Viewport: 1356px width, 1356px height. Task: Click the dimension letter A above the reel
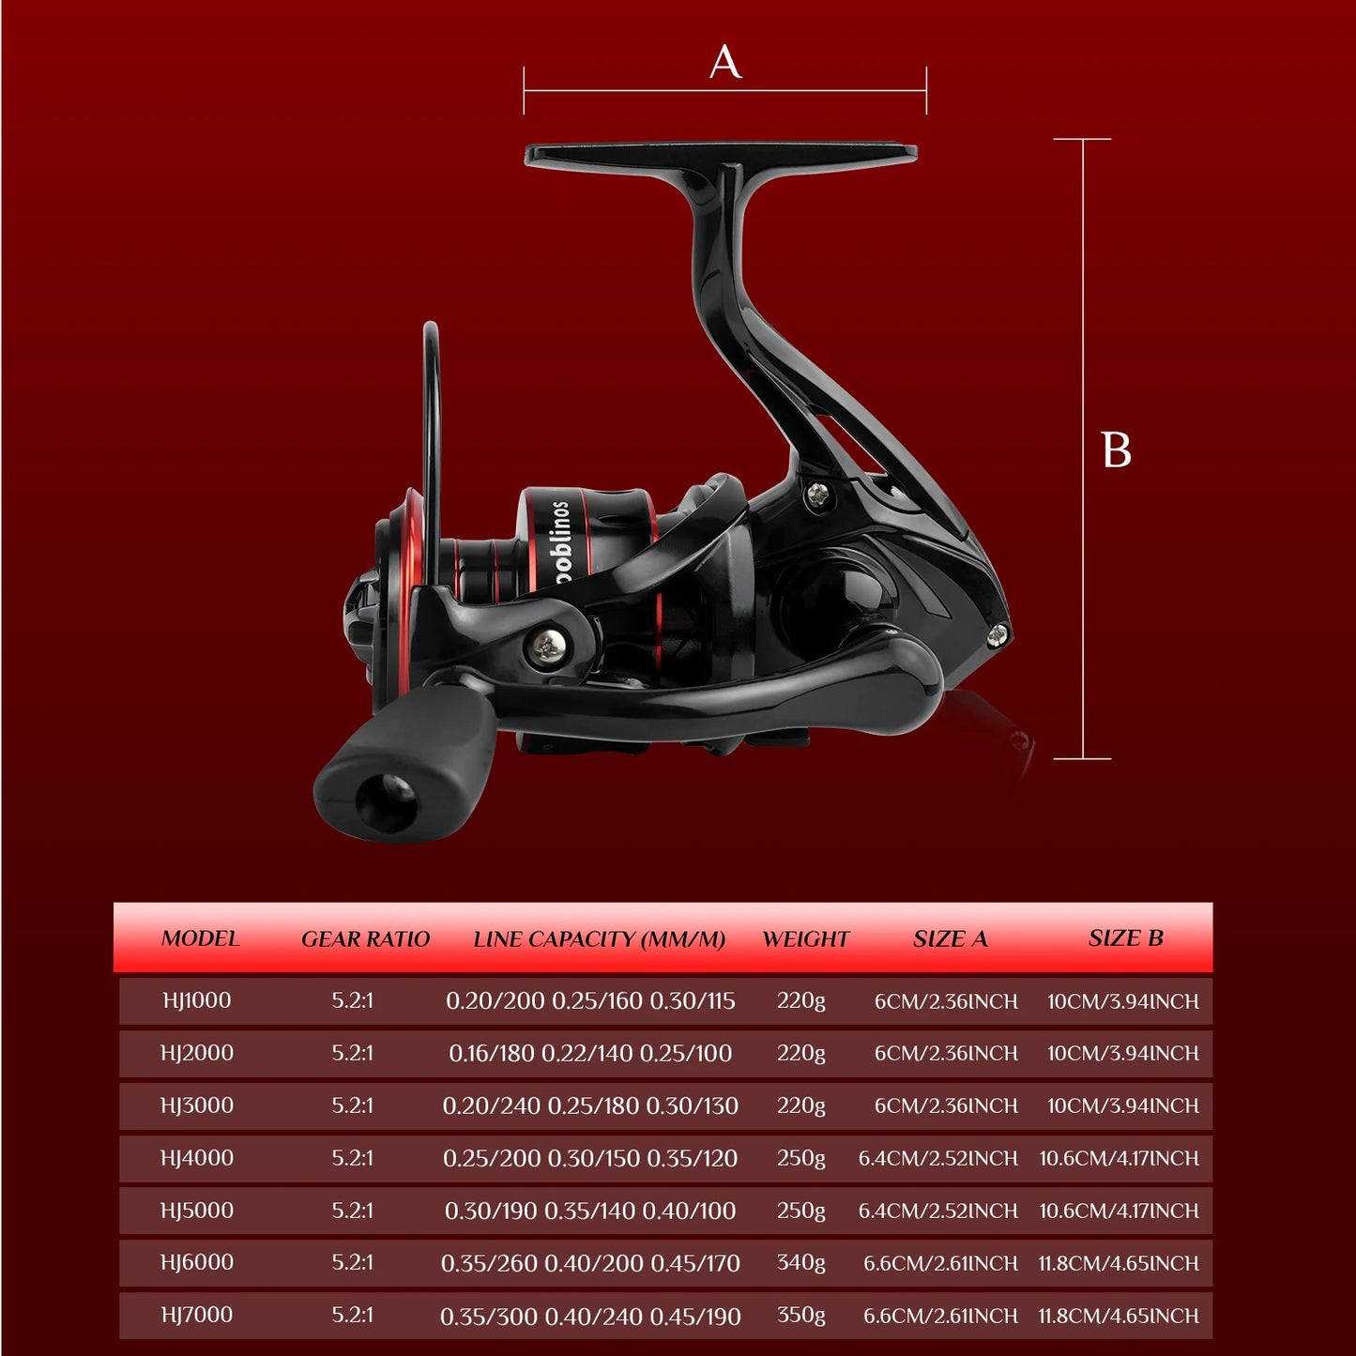point(724,62)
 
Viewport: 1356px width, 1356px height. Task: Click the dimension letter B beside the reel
point(1116,449)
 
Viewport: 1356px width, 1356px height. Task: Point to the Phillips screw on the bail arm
point(547,646)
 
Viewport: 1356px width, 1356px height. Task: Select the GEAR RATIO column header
point(365,938)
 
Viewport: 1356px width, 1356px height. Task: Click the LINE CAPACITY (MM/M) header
point(599,938)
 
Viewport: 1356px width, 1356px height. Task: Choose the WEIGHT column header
point(806,938)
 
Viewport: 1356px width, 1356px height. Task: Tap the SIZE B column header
point(1126,937)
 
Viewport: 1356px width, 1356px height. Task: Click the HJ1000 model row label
point(196,1000)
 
